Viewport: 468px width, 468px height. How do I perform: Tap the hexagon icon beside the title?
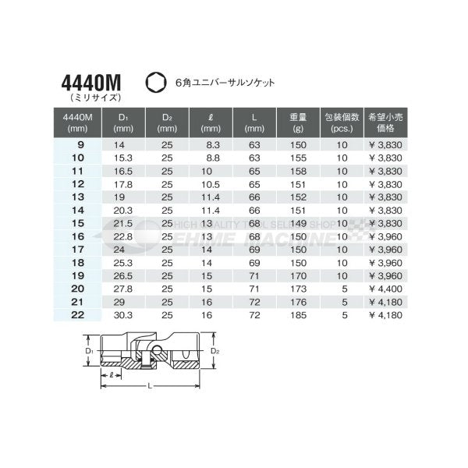pos(154,80)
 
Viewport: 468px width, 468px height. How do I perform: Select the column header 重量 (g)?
pos(296,122)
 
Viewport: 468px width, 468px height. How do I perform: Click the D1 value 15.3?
pos(123,158)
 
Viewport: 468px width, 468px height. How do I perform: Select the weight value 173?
pos(296,288)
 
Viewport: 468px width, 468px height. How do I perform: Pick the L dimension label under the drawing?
pos(151,385)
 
